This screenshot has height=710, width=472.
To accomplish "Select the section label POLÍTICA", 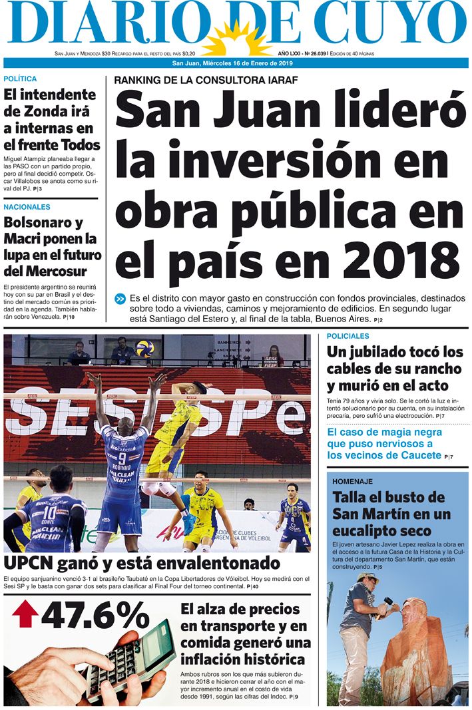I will [21, 79].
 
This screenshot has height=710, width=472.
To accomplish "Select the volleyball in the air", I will [144, 348].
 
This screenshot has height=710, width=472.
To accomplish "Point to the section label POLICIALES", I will [348, 337].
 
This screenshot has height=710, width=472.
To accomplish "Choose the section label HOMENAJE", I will [353, 481].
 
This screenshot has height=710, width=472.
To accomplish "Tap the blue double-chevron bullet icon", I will [120, 299].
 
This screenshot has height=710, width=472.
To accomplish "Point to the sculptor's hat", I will [367, 577].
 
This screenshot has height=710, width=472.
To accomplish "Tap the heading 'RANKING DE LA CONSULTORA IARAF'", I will [205, 80].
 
